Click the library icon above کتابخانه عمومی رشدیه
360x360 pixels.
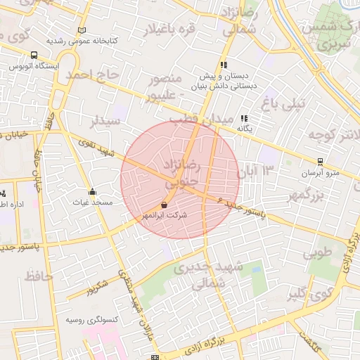click(82, 31)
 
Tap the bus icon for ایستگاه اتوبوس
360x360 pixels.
click(34, 56)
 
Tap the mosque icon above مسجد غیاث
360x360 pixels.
click(92, 191)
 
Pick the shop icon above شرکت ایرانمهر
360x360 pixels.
click(165, 205)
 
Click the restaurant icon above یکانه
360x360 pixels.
click(244, 118)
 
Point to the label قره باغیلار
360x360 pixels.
click(169, 30)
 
